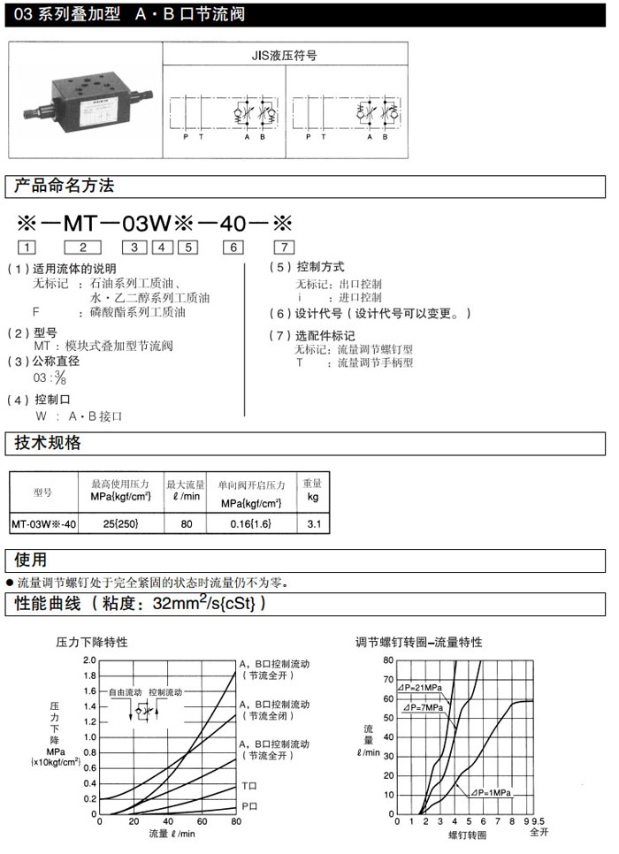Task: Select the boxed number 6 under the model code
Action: [x=233, y=248]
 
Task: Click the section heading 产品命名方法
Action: [x=61, y=187]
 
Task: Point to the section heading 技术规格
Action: [x=49, y=442]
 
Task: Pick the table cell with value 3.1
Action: [x=313, y=524]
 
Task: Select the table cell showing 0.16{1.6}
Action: [x=252, y=524]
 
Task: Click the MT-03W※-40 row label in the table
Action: [x=44, y=524]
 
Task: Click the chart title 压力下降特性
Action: [x=91, y=642]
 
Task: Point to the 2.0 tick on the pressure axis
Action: [x=88, y=660]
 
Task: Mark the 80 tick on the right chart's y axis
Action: [x=387, y=660]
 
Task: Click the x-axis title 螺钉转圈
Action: [x=466, y=834]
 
